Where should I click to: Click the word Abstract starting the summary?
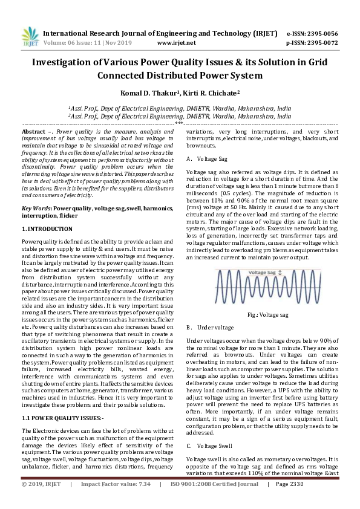(33, 131)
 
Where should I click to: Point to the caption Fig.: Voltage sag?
(268, 315)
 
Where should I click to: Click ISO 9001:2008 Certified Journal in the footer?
(209, 501)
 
